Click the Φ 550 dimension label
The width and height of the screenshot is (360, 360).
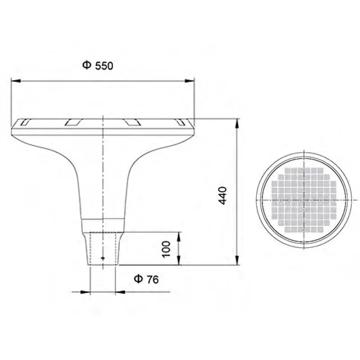(x=97, y=66)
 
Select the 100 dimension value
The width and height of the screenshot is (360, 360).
(x=166, y=248)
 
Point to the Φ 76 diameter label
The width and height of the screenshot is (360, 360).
(x=146, y=279)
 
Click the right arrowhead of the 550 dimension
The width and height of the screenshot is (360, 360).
(x=191, y=81)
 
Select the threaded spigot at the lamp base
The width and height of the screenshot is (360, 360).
(x=103, y=250)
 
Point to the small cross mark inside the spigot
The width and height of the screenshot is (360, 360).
(x=103, y=258)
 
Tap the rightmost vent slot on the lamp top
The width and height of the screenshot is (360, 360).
(x=181, y=121)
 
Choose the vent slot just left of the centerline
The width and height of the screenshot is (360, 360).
(x=72, y=121)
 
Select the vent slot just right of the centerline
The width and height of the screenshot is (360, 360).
(x=132, y=121)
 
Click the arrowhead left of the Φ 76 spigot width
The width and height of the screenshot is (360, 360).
(x=88, y=292)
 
